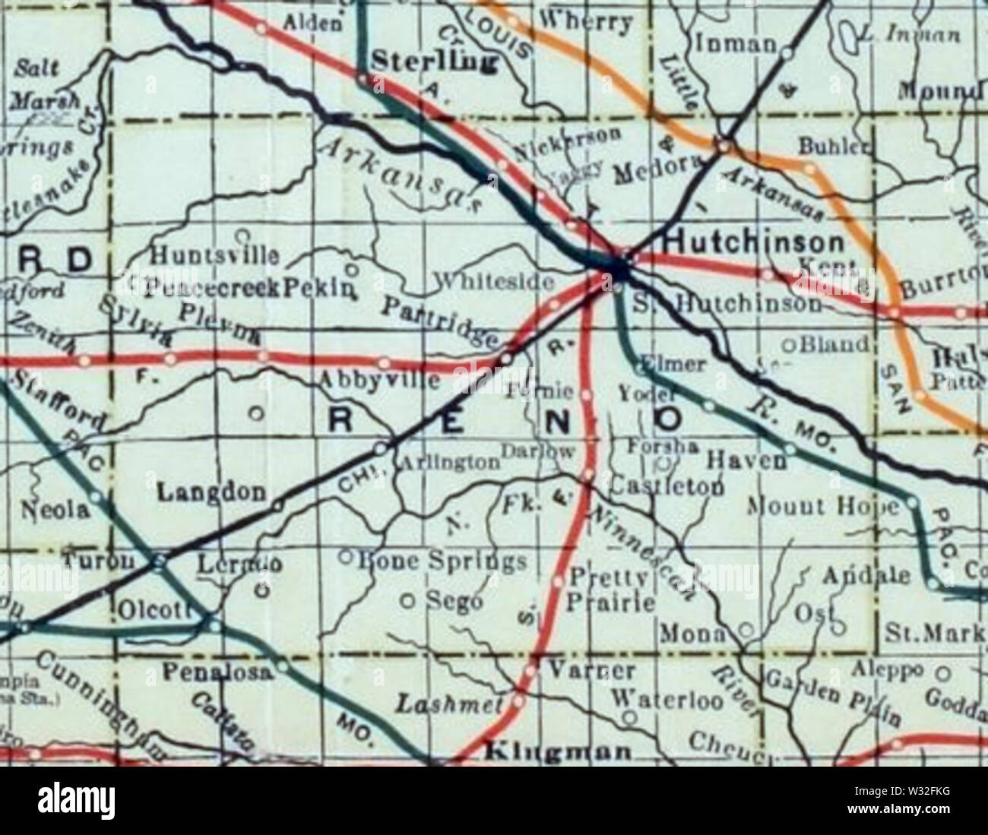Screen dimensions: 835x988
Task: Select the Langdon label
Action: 211,492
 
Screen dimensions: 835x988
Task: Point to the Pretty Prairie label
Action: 610,590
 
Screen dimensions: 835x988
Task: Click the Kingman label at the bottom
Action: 558,752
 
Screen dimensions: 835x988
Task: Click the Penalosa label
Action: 217,672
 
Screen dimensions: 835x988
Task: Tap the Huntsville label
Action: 215,255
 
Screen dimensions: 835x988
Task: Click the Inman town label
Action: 736,45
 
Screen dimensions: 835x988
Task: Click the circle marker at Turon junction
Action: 159,563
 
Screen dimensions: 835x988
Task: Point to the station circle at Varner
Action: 530,671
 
